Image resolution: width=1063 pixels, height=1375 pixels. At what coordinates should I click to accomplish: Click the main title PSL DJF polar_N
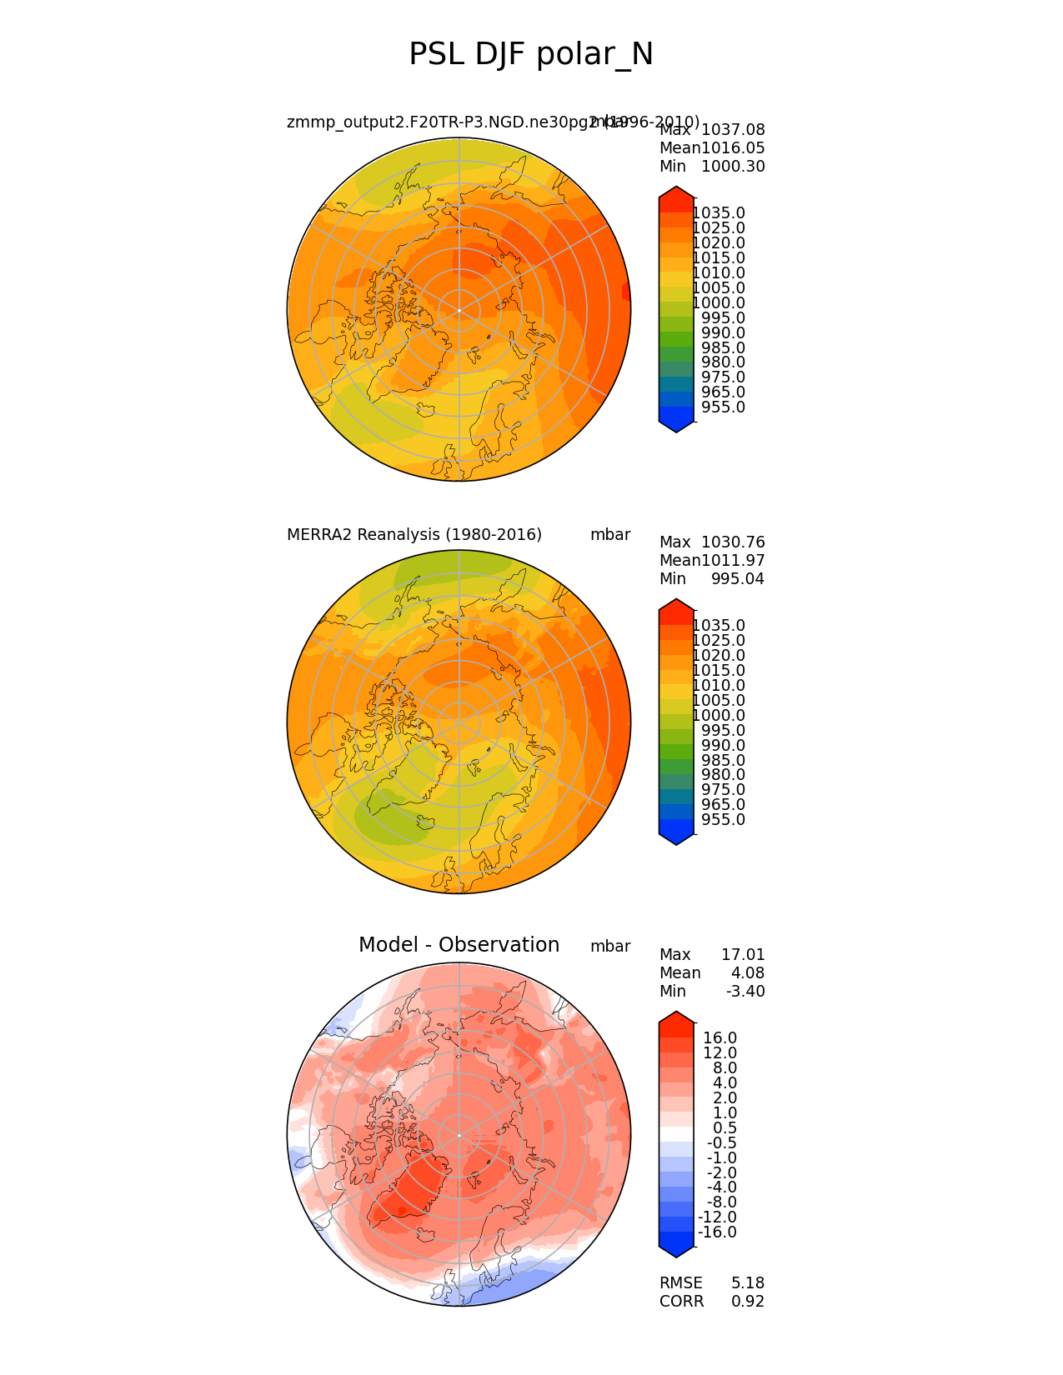(531, 55)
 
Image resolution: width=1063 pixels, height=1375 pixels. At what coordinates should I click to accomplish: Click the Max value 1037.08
(733, 130)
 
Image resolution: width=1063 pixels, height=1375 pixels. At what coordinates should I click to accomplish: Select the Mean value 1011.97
(733, 561)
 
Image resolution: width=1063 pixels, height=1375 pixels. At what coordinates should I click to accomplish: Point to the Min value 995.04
(737, 579)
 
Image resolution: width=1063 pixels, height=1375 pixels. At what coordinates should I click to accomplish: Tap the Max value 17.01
(742, 955)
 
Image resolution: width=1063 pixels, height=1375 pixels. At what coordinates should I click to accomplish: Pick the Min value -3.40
(745, 992)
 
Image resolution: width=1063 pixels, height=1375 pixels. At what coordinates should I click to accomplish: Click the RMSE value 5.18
(748, 1283)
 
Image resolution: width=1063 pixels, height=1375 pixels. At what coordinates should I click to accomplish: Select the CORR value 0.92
(748, 1302)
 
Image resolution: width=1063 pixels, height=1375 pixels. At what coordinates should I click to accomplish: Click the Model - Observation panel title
(459, 945)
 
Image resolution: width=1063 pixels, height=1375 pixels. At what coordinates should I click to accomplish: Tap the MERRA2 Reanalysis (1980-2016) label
(414, 535)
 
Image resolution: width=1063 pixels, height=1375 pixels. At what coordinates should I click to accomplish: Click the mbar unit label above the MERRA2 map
(610, 535)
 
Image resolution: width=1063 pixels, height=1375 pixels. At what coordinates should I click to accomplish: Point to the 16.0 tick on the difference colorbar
(720, 1038)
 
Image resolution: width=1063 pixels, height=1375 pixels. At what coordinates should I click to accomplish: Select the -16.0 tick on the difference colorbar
(717, 1232)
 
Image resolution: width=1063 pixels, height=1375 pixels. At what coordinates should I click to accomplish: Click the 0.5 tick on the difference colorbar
(725, 1128)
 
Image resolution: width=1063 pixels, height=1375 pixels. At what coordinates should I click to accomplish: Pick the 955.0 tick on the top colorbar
(723, 407)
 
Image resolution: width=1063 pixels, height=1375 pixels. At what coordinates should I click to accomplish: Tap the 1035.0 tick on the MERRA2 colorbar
(719, 626)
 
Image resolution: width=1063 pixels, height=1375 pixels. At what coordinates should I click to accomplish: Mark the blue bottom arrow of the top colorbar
(676, 426)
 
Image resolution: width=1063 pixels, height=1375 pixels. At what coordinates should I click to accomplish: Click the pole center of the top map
(459, 310)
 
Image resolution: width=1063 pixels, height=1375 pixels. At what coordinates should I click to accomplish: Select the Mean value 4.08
(748, 973)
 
